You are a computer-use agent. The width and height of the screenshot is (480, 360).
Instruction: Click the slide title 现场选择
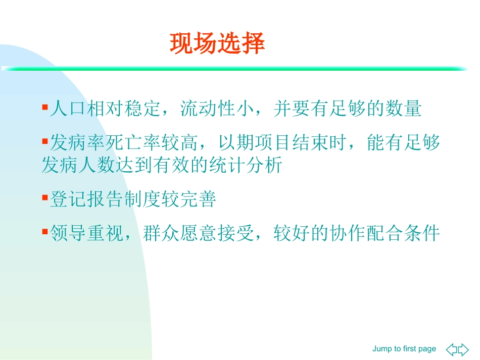coord(217,44)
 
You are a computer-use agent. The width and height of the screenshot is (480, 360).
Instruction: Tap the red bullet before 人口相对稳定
coord(44,108)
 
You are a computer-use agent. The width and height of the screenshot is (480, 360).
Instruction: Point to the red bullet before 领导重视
coord(44,232)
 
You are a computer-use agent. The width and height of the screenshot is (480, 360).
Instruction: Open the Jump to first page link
coord(404,349)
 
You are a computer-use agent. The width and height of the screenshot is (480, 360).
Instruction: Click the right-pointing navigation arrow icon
coord(463,349)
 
